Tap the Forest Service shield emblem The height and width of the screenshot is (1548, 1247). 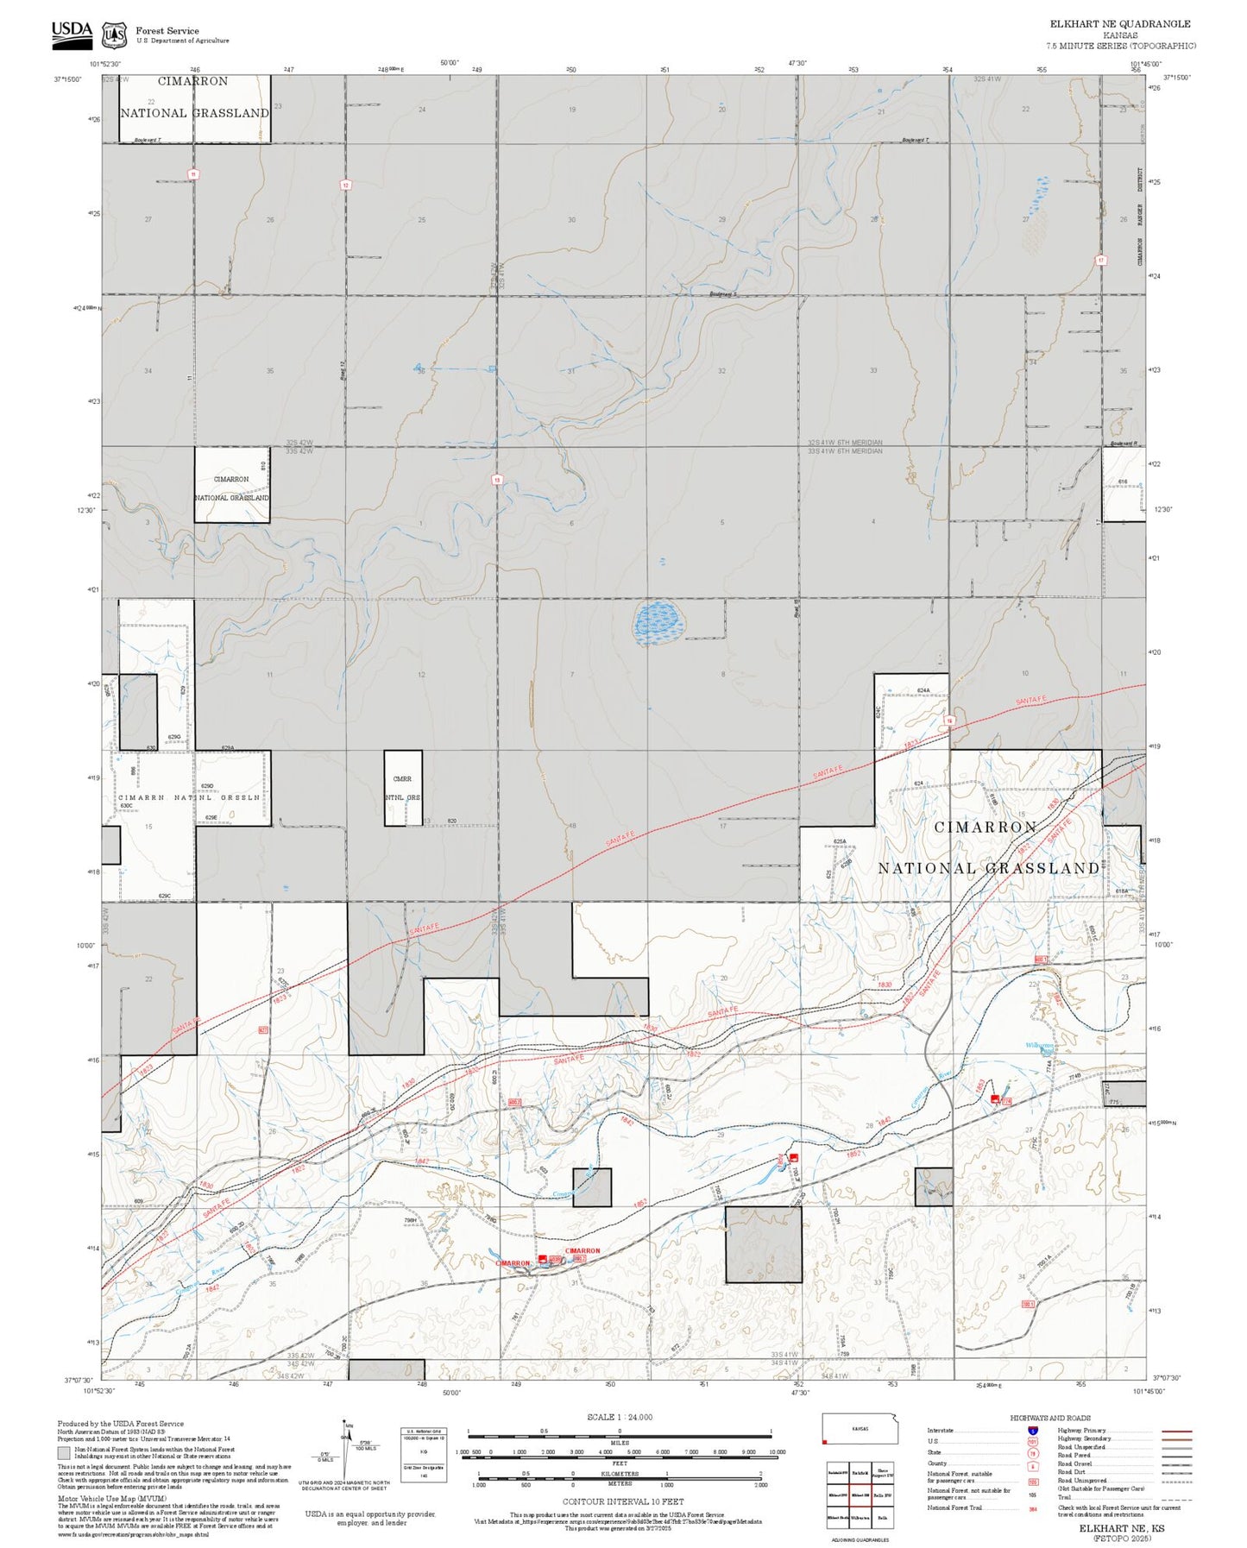point(114,35)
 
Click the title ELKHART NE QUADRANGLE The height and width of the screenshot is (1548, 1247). point(1119,24)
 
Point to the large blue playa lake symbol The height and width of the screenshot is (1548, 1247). point(659,621)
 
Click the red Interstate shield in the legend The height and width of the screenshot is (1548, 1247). point(1032,1431)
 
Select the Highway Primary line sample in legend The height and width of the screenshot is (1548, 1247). point(1176,1431)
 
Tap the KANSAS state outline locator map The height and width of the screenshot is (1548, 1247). point(859,1428)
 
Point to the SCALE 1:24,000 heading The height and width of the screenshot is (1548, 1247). point(619,1417)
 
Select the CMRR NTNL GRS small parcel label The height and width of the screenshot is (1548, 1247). point(402,788)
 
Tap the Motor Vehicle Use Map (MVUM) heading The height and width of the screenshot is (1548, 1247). point(99,1498)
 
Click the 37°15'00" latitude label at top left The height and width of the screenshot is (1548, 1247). point(66,79)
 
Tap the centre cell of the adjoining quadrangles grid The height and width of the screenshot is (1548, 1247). point(859,1494)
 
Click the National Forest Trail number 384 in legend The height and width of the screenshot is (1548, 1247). point(1032,1507)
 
